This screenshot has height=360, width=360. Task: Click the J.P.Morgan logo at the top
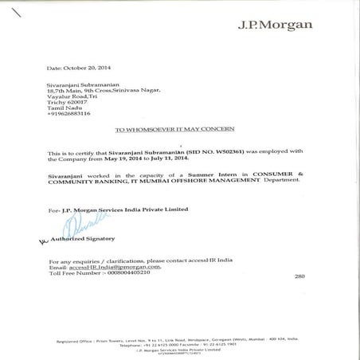tap(275, 24)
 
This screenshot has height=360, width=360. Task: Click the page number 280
tap(299, 276)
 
